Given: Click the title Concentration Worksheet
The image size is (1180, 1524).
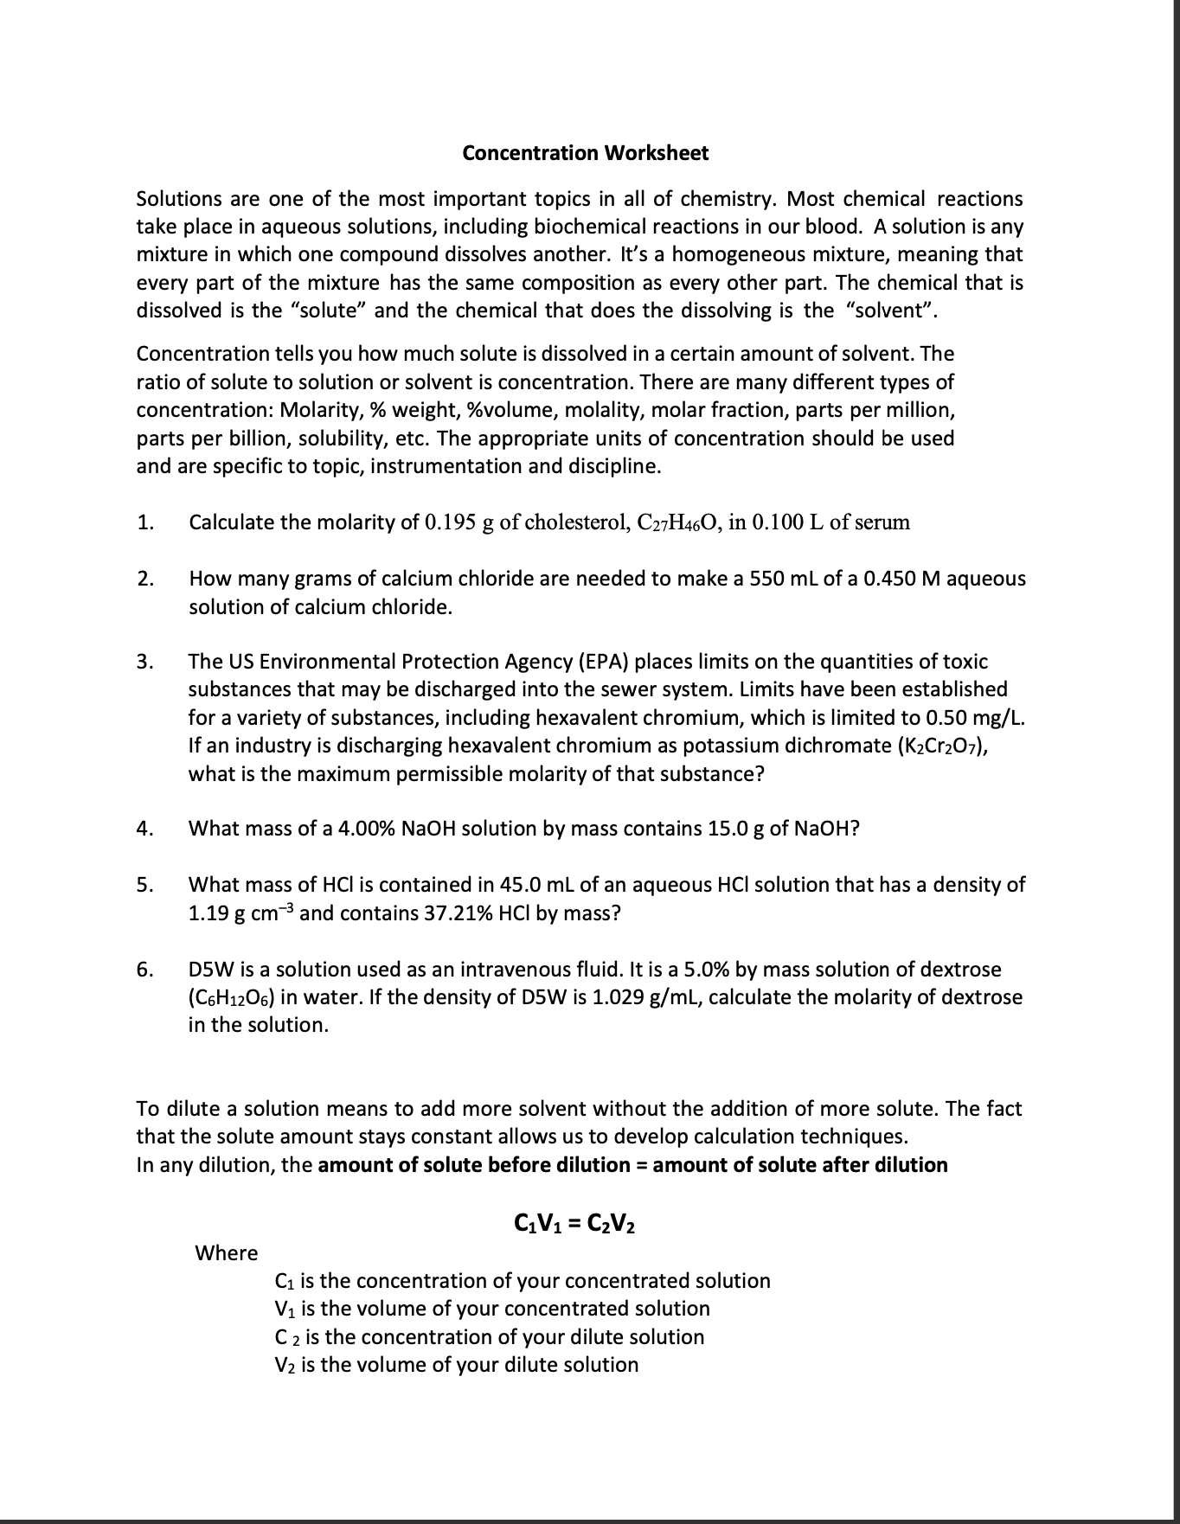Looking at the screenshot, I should coord(585,153).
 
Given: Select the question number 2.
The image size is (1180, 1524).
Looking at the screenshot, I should coord(145,579).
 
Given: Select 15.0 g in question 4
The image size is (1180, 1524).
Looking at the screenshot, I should coord(736,829).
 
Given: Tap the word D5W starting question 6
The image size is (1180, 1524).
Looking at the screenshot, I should coord(210,970).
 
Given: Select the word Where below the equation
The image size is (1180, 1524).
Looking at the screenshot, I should coord(227,1252).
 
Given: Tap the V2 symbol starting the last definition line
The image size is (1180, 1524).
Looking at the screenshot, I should coord(285,1365).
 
